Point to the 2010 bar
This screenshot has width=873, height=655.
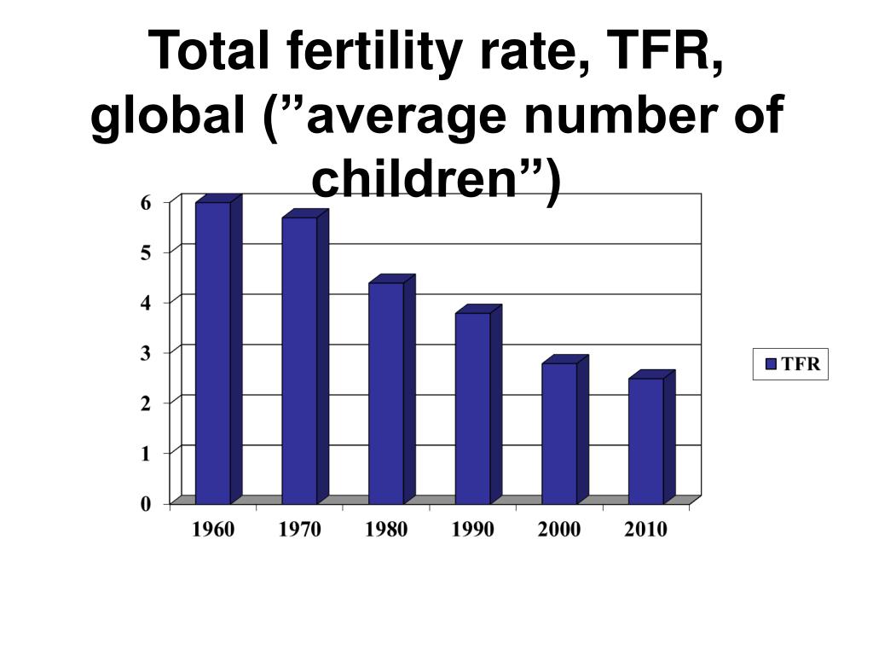645,441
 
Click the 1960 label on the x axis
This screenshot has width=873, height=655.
212,530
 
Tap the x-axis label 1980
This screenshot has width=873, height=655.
386,530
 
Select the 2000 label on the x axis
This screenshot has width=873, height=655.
559,530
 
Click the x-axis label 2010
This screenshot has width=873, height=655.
645,530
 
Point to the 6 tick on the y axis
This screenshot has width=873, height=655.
146,202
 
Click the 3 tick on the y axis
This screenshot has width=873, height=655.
146,352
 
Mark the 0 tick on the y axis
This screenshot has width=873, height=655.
146,504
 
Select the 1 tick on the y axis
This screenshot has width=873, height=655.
146,453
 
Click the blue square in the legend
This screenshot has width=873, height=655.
771,364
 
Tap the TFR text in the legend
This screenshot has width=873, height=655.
801,364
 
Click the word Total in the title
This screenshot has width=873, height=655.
203,52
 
